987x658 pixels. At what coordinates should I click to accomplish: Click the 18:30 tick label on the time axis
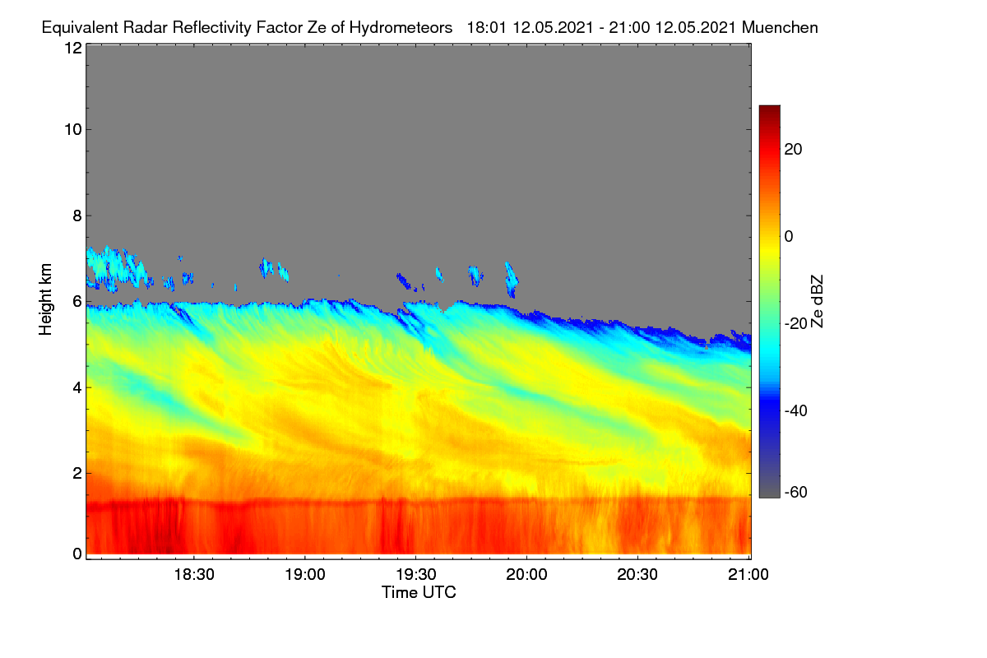194,574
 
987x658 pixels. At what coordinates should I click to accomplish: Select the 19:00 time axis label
305,574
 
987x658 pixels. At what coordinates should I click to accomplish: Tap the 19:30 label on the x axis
416,574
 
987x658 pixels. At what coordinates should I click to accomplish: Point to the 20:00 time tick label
526,574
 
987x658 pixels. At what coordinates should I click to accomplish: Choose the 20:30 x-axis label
637,574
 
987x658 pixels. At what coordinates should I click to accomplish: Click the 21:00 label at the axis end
748,574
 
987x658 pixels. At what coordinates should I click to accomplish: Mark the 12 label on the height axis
73,48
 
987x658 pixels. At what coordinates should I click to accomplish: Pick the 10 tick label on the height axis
73,130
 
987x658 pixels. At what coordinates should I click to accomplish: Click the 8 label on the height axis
77,215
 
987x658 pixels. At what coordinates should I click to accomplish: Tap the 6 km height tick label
77,302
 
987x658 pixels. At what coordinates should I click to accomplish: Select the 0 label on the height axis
77,554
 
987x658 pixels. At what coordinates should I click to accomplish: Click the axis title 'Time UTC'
419,592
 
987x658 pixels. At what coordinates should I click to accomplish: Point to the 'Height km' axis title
45,299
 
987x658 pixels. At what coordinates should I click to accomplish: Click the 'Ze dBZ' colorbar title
817,302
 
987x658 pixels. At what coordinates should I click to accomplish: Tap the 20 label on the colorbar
793,150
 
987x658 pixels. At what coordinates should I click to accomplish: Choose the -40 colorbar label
795,410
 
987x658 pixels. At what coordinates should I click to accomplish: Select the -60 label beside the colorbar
795,493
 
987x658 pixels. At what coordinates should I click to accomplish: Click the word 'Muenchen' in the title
780,28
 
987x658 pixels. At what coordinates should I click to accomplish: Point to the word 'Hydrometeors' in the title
401,28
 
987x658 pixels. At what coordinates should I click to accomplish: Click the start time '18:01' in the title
486,28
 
